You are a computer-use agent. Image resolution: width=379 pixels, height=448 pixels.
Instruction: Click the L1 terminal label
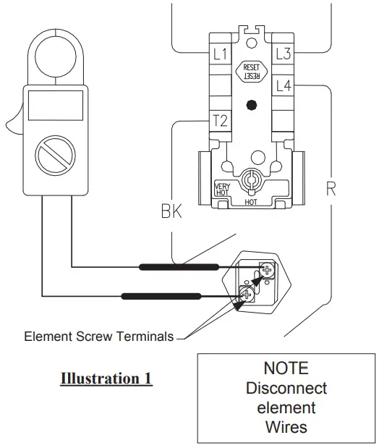click(x=220, y=54)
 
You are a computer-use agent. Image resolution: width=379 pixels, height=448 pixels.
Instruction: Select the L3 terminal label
click(x=283, y=54)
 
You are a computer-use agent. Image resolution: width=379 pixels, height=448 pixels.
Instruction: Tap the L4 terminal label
click(x=283, y=86)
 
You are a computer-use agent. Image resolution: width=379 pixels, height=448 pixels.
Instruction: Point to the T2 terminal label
click(x=220, y=121)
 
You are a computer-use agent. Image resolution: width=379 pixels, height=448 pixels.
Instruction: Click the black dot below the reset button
click(x=251, y=105)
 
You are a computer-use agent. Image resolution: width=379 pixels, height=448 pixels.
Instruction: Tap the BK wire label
click(x=171, y=212)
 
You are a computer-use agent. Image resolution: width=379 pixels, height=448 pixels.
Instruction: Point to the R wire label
click(x=331, y=190)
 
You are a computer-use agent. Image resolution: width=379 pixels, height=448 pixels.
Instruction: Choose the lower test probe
click(x=161, y=295)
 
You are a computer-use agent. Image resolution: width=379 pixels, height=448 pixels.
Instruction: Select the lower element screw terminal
click(x=245, y=293)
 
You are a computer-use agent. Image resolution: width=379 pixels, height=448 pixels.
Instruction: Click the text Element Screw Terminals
click(x=99, y=337)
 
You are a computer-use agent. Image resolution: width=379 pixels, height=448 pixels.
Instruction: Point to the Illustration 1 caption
click(x=106, y=379)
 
